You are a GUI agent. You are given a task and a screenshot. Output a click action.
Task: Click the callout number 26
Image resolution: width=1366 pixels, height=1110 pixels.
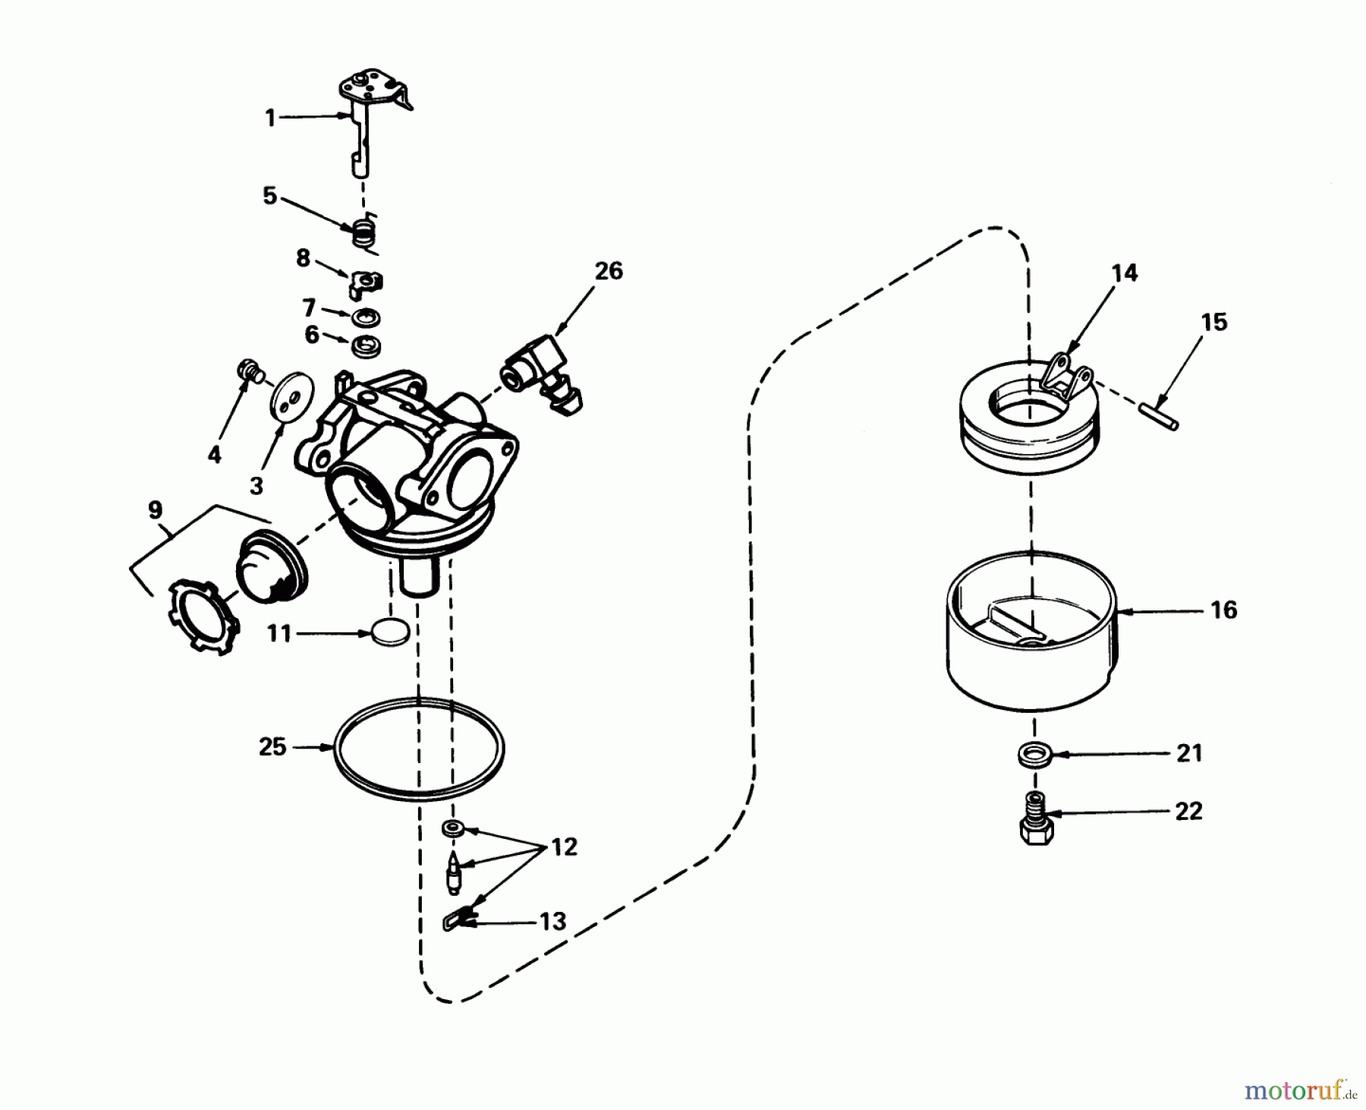(x=609, y=271)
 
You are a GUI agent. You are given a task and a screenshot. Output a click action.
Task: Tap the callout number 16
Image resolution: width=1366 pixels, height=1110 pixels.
(x=1224, y=610)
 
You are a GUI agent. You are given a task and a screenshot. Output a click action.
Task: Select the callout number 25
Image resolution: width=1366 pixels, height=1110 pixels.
(x=272, y=747)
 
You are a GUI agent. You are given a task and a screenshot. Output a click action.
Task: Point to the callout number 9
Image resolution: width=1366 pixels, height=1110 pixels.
(x=155, y=510)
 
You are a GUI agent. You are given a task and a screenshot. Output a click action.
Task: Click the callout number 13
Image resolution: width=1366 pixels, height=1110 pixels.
(x=553, y=922)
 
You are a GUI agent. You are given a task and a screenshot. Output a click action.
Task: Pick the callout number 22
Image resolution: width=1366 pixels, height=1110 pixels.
(x=1188, y=811)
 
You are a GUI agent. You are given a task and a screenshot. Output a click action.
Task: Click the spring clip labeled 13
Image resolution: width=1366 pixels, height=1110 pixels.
(x=456, y=921)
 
